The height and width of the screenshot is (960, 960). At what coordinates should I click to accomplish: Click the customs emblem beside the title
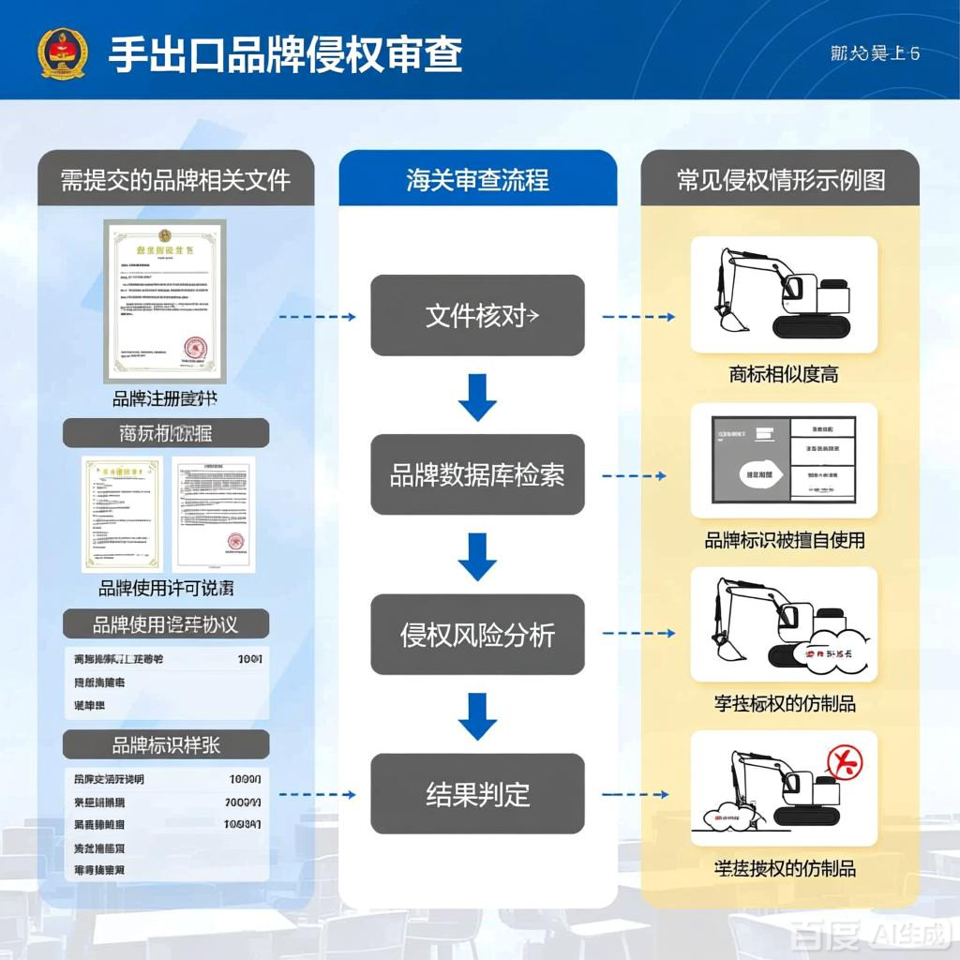[x=62, y=53]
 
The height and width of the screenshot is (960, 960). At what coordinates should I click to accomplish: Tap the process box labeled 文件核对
[x=477, y=316]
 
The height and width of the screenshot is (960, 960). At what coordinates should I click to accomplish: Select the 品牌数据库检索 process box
[x=477, y=475]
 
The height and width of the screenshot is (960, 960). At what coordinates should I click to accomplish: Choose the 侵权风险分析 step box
[x=477, y=635]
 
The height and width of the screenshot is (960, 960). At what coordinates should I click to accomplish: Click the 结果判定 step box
[x=477, y=794]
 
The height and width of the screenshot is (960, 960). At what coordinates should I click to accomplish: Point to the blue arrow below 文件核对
[x=477, y=397]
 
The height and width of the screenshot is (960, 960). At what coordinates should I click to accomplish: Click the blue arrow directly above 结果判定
[x=477, y=715]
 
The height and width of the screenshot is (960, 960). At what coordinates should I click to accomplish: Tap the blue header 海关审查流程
[x=477, y=179]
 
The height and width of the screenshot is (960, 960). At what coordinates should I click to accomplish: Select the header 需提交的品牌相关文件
[x=175, y=179]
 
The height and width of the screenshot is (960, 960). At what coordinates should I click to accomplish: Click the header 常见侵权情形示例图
[x=780, y=179]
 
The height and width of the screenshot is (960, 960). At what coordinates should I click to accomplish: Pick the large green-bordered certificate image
[x=165, y=300]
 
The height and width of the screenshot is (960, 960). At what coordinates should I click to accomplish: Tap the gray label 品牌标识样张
[x=166, y=745]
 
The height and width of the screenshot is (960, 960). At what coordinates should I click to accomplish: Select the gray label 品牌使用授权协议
[x=166, y=623]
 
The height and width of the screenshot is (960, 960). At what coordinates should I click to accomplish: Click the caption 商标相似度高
[x=784, y=375]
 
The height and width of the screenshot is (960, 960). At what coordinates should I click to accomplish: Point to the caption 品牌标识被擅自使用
[x=784, y=540]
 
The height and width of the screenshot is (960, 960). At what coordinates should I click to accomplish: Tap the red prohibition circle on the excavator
[x=844, y=761]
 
